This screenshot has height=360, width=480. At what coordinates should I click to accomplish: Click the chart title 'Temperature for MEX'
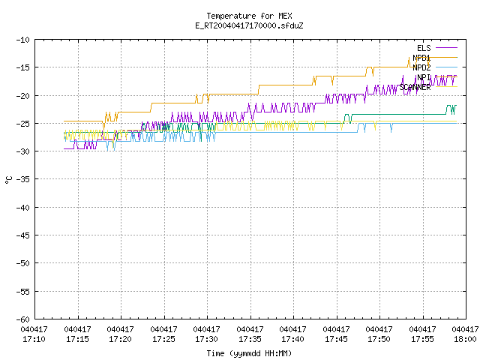coord(249,16)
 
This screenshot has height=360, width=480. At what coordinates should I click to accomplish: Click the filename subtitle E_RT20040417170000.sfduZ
coord(249,25)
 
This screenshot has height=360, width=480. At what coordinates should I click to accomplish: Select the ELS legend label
coord(424,48)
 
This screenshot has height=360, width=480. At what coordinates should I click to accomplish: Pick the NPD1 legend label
coord(421,58)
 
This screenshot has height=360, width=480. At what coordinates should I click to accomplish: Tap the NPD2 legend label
coord(421,67)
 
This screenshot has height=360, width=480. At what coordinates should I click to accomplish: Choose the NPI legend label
coord(424,77)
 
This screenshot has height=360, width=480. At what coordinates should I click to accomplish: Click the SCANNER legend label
coord(415,87)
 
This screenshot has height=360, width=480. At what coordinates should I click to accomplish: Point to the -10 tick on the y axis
coord(23,40)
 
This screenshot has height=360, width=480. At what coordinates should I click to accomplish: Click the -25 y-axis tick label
coord(23,124)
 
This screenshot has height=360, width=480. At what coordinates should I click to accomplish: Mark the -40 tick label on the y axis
coord(23,208)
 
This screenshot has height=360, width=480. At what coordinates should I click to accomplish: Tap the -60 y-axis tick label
coord(23,319)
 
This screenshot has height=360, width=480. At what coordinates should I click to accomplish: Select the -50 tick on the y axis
coord(23,263)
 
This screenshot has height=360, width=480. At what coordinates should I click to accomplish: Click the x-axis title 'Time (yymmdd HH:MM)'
coord(249,353)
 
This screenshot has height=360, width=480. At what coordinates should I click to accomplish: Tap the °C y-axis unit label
coord(8,180)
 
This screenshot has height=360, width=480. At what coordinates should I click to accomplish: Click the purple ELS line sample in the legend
coord(446,48)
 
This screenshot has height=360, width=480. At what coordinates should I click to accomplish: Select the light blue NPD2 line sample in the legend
coord(446,67)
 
